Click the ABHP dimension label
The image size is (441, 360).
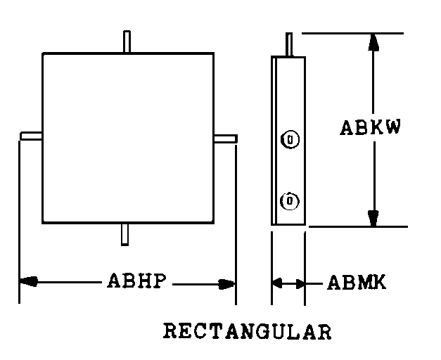coord(136,282)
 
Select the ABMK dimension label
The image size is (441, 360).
coord(357,283)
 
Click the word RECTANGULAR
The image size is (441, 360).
coord(247,331)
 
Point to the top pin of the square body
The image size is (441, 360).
coord(127,41)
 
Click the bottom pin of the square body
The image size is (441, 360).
coord(124,234)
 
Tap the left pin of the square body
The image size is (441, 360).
coord(32,135)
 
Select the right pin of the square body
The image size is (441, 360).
coord(225,138)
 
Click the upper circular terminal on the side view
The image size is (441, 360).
coord(290,139)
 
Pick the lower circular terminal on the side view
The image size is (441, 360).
coord(289,201)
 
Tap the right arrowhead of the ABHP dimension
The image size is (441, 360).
coord(226,284)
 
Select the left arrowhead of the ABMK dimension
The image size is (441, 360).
coord(277,283)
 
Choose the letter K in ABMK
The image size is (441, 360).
coord(379,283)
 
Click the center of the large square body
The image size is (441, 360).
coord(127,137)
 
